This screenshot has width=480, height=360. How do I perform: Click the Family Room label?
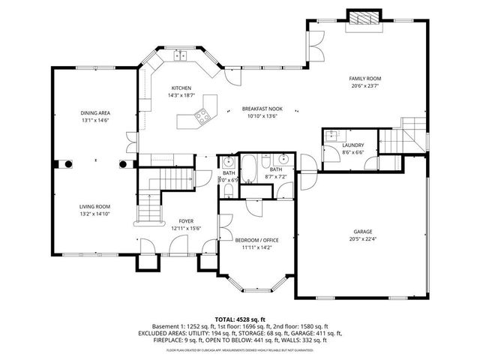pyautogui.click(x=364, y=79)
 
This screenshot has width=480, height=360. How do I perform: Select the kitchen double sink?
pyautogui.click(x=181, y=55)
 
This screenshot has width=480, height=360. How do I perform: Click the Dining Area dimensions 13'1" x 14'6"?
pyautogui.click(x=95, y=120)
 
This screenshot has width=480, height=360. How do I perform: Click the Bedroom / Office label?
pyautogui.click(x=256, y=240)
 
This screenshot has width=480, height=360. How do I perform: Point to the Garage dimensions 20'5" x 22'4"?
pyautogui.click(x=363, y=238)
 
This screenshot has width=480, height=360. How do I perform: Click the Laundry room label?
pyautogui.click(x=352, y=145)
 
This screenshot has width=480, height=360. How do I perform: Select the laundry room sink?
pyautogui.click(x=331, y=136)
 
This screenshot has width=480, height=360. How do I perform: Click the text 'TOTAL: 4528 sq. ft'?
pyautogui.click(x=240, y=319)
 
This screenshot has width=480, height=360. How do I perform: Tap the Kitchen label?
pyautogui.click(x=181, y=88)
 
